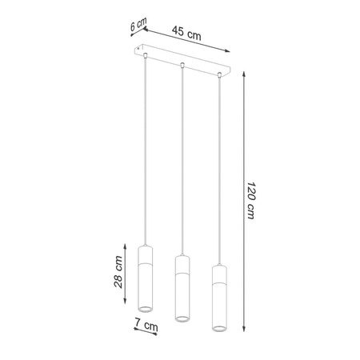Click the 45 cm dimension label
tap(186, 34)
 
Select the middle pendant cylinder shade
tap(181, 286)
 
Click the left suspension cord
tap(145, 152)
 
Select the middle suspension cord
tap(182, 160)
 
